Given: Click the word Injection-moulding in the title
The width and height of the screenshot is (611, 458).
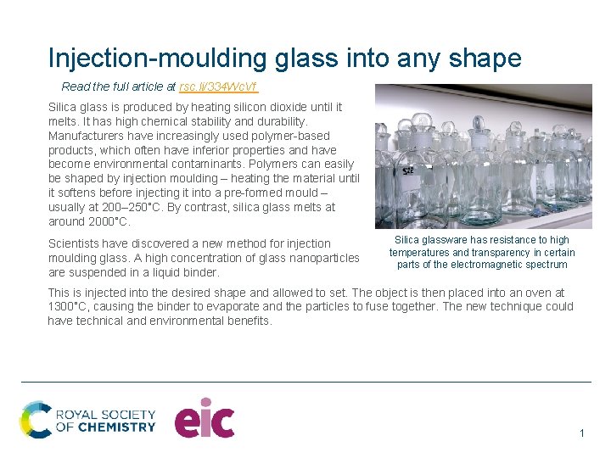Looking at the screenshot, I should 158,58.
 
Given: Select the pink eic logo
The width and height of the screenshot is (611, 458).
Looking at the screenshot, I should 205,418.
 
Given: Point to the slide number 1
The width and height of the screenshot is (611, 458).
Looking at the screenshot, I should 582,433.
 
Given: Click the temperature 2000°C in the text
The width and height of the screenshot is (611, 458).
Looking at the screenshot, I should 109,221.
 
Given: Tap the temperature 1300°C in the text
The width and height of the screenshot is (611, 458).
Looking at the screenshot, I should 70,306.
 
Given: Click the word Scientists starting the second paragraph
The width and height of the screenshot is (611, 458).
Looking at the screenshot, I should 77,243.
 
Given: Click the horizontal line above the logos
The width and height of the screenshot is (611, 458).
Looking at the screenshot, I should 305,382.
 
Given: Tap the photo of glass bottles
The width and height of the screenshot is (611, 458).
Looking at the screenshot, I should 483,156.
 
